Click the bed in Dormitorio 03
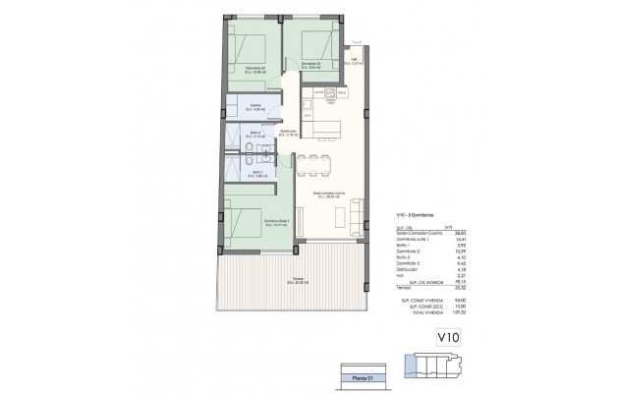314,43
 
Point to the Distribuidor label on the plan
287,132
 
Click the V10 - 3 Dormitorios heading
419,215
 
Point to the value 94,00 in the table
461,300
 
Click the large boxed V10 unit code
448,340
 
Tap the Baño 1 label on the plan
255,172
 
